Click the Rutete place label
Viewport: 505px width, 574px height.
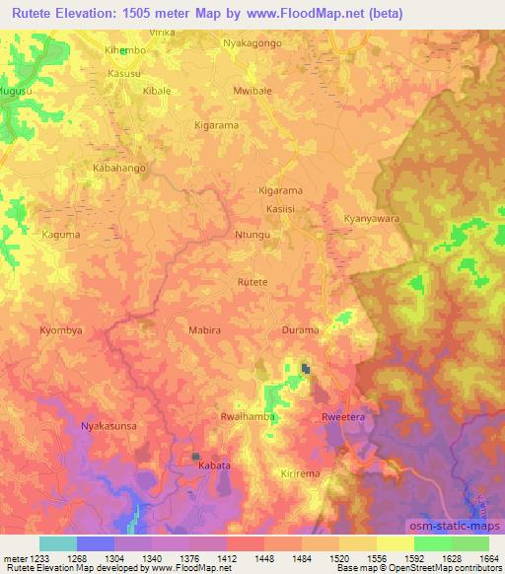[x=252, y=282]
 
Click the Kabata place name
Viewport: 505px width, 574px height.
[x=214, y=464]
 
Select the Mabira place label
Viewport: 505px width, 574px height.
[x=205, y=331]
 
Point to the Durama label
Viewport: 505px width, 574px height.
[x=301, y=331]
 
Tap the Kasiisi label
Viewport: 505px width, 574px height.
[x=281, y=210]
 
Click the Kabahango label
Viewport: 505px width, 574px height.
[x=118, y=169]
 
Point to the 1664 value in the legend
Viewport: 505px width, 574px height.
[x=489, y=558]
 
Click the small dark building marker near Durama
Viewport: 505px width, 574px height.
[x=306, y=370]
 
